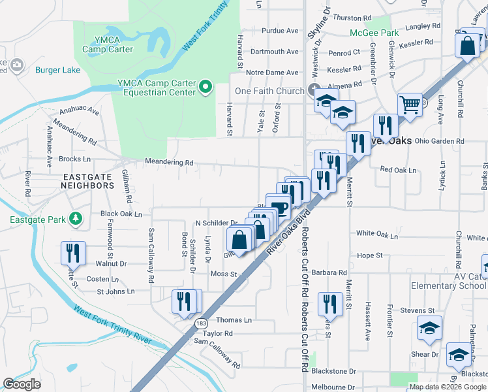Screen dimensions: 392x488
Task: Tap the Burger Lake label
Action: tap(56, 70)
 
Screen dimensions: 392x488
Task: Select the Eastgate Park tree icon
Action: tap(77, 218)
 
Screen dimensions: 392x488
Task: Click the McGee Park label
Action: tap(374, 33)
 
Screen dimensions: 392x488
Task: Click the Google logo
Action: tap(22, 384)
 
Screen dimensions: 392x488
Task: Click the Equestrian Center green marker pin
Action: tap(206, 87)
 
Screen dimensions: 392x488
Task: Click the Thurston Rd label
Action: tap(352, 18)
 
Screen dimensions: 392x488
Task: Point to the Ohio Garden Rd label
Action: tap(438, 140)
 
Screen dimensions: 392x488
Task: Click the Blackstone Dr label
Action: tap(333, 370)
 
